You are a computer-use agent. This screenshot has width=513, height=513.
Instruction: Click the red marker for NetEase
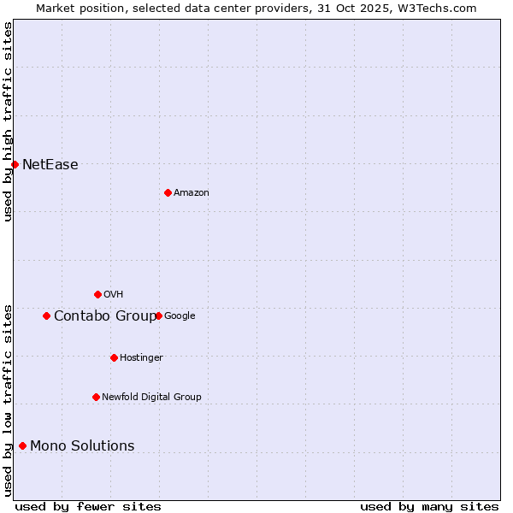click(x=15, y=164)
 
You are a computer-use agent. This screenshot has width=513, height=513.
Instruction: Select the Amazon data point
click(x=168, y=192)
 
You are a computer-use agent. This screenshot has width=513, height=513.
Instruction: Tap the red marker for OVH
click(x=97, y=294)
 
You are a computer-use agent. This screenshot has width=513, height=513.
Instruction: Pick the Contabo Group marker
click(x=46, y=315)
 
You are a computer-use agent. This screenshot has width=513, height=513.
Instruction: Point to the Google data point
click(x=158, y=315)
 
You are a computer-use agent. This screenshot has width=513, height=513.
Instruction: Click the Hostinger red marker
click(x=114, y=357)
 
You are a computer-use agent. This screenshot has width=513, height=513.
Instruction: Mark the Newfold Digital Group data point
click(x=96, y=397)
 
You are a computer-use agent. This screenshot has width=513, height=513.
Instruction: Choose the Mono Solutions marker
click(x=22, y=445)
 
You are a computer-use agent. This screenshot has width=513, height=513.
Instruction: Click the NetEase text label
click(x=50, y=165)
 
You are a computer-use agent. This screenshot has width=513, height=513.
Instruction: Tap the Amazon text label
click(x=192, y=193)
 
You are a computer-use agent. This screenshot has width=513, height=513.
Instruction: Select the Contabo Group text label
click(x=105, y=316)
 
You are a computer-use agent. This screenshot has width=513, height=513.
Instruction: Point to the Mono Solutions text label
click(x=82, y=446)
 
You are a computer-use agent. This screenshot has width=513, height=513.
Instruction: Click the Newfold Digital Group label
click(x=151, y=397)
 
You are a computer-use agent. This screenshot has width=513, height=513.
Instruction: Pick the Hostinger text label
click(x=141, y=357)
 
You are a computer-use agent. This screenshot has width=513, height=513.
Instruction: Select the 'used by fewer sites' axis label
click(x=88, y=506)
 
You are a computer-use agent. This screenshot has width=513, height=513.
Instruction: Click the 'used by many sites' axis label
click(x=429, y=506)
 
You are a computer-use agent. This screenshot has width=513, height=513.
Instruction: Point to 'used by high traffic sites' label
click(x=8, y=121)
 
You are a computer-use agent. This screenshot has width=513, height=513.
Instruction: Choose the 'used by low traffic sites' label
click(x=8, y=400)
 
